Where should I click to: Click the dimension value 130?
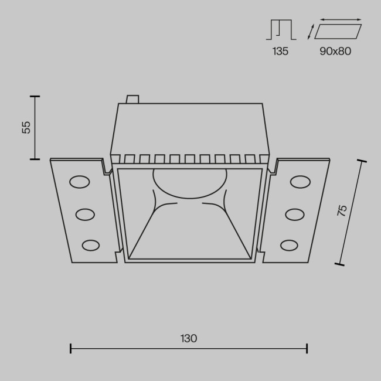coord(189,338)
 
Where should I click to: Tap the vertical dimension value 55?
coord(26,127)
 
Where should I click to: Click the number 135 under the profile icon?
coord(280,51)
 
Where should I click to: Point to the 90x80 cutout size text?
coord(335,51)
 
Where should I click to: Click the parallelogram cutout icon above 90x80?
coord(338,31)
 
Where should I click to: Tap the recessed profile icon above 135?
coord(282,29)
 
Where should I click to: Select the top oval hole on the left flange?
coord(79,182)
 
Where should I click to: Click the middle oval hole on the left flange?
coord(85,215)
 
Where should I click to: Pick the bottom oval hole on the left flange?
coord(90,244)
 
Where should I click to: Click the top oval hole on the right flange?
coord(300,182)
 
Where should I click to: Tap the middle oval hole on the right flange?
coord(294,215)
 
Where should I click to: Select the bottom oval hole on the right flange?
coord(289,244)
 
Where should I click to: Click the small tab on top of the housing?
coord(132,100)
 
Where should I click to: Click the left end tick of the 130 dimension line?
coord(70,349)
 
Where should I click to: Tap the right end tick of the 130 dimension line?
coord(307,349)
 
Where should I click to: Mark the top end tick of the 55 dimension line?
coord(35,96)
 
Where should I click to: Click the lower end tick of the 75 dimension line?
coord(339,264)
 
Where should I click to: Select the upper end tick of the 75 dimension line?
coord(362,161)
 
